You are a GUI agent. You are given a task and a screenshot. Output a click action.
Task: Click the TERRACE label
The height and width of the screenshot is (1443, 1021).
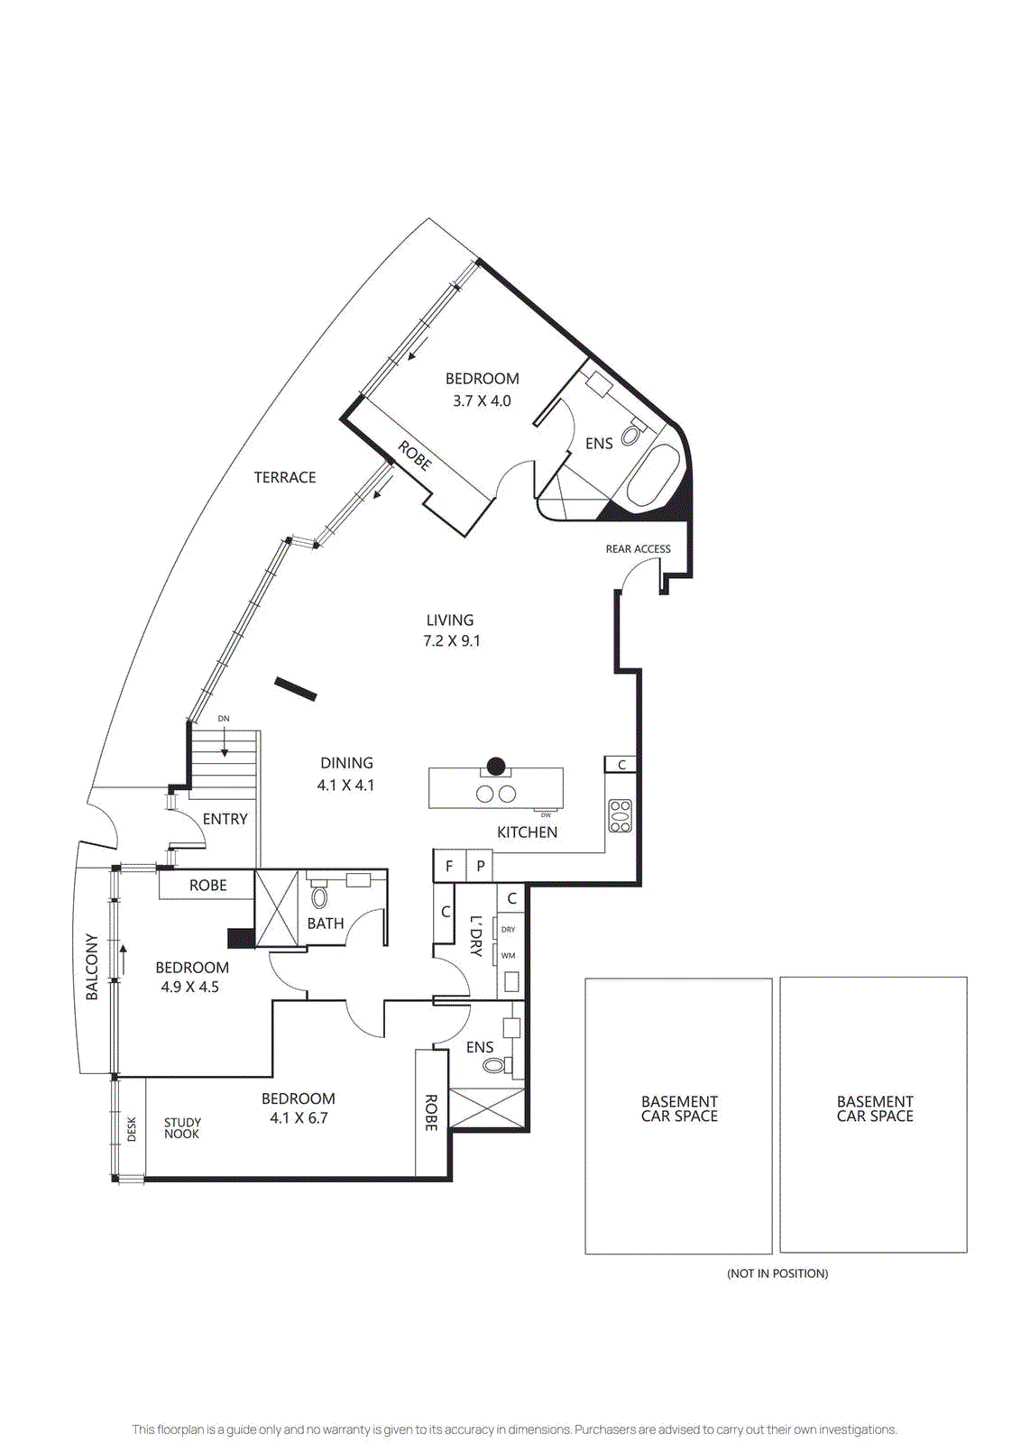tap(285, 477)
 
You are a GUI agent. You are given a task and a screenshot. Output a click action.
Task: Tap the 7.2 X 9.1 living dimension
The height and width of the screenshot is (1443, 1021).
tap(451, 641)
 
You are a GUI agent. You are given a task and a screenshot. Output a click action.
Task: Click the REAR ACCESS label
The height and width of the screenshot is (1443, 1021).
tap(638, 548)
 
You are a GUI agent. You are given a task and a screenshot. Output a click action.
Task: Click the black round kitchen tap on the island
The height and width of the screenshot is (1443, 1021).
tap(496, 767)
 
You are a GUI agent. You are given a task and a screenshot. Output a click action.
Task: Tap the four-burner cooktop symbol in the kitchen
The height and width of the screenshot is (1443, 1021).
tap(621, 815)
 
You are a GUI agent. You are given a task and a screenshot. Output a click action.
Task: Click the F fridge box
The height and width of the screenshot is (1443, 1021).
tap(449, 866)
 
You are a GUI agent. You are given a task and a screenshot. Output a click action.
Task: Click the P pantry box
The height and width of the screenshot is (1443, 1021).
tap(481, 866)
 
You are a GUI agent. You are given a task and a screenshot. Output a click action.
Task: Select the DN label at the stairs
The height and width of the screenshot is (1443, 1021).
tap(224, 719)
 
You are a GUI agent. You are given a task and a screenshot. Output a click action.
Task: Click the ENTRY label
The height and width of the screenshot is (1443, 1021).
tap(225, 819)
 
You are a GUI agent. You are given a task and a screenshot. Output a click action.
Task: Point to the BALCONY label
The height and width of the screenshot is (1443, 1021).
tap(91, 967)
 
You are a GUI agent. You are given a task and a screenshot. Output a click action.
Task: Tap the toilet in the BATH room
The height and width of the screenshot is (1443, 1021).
tap(319, 896)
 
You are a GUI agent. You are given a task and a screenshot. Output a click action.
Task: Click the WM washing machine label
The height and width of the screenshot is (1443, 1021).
tap(509, 955)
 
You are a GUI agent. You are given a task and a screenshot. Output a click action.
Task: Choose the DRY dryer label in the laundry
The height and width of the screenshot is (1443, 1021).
tap(509, 929)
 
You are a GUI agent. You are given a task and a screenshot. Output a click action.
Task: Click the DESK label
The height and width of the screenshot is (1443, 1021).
tap(132, 1129)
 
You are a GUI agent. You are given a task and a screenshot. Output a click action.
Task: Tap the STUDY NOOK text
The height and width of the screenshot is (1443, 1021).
tap(182, 1128)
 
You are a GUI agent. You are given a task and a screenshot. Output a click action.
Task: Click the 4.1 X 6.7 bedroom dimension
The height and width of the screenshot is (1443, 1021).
tap(299, 1118)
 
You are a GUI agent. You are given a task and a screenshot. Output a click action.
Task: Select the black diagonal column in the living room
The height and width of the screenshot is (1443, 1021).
tap(296, 689)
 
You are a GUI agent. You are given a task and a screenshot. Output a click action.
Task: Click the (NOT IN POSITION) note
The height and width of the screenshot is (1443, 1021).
tap(777, 1273)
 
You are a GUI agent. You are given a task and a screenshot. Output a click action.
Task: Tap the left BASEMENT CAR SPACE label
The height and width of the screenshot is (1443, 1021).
tap(679, 1108)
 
